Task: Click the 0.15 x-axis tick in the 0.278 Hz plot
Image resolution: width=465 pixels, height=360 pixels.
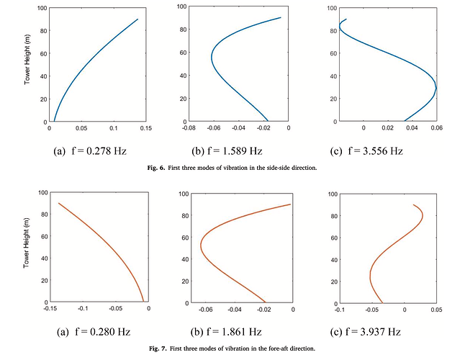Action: pos(145,129)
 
